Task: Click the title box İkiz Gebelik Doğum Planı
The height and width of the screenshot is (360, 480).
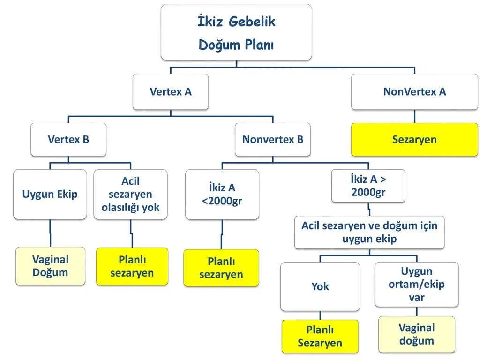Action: [x=236, y=32]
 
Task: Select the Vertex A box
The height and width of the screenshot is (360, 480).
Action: [x=171, y=91]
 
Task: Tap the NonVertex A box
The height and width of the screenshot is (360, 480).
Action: [x=414, y=91]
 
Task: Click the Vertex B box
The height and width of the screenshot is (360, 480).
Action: [x=68, y=139]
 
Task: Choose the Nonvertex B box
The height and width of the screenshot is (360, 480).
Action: [x=272, y=139]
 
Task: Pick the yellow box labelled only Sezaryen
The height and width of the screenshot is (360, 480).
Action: [x=414, y=139]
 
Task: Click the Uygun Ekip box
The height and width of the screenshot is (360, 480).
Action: [x=50, y=194]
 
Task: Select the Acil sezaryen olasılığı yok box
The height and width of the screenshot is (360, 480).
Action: [x=130, y=194]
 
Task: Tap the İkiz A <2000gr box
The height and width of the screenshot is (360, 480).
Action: [x=222, y=194]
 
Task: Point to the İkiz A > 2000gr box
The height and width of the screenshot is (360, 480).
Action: [x=368, y=186]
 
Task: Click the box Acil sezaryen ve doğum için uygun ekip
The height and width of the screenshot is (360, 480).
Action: [x=369, y=232]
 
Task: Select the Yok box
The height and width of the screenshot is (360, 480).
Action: [x=320, y=286]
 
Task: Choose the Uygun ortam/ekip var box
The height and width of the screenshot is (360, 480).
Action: [x=417, y=284]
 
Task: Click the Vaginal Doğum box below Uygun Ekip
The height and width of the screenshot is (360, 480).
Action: [x=50, y=266]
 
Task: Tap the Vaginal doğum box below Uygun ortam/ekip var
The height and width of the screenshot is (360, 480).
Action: [x=417, y=334]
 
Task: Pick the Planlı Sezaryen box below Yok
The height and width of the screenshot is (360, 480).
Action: [x=320, y=337]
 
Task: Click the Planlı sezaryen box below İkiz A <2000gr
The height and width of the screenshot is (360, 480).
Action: [x=221, y=268]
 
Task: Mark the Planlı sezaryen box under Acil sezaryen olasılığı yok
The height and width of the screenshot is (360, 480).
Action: [x=132, y=266]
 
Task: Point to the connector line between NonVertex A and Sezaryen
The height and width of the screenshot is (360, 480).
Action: [x=414, y=116]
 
